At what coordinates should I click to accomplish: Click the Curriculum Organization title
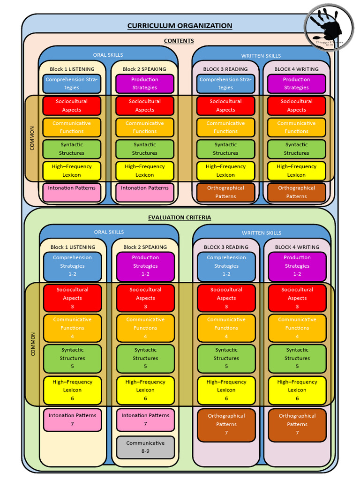(x=180, y=26)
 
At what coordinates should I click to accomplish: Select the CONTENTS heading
(x=179, y=41)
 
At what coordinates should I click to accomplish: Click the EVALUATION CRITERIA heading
(x=180, y=217)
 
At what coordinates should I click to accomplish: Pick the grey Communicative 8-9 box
(x=145, y=447)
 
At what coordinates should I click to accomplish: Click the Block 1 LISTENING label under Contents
(x=72, y=69)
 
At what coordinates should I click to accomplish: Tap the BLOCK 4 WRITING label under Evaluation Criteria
(x=297, y=247)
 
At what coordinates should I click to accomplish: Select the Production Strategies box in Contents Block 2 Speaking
(x=144, y=83)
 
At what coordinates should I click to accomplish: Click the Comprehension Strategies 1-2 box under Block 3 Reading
(x=226, y=266)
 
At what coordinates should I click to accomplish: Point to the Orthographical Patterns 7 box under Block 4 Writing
(x=297, y=424)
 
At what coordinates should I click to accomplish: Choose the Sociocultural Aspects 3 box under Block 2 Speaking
(x=145, y=298)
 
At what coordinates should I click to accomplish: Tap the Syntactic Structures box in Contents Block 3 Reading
(x=225, y=149)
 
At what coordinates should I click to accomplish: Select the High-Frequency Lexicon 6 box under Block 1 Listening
(x=72, y=390)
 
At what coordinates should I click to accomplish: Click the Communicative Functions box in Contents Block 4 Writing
(x=296, y=127)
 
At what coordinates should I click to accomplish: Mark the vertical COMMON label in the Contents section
(x=32, y=138)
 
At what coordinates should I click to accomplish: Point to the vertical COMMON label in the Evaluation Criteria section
(x=33, y=344)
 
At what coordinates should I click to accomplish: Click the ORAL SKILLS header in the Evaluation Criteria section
(x=109, y=232)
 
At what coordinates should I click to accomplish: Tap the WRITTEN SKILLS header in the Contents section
(x=261, y=56)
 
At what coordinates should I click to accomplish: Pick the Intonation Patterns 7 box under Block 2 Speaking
(x=145, y=420)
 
